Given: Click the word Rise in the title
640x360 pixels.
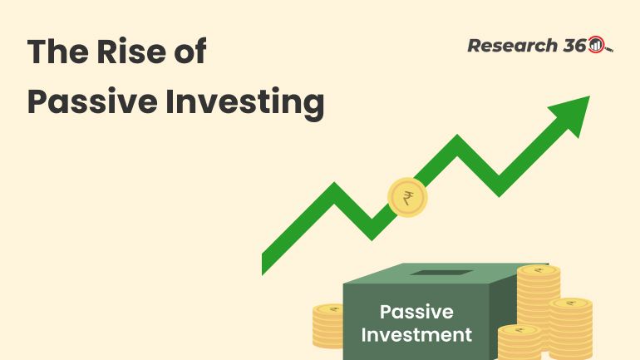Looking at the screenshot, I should [116, 52].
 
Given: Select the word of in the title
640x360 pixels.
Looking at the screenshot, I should [187, 52].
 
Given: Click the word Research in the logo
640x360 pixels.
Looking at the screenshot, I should [510, 46].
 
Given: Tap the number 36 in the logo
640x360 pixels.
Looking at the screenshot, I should [574, 46].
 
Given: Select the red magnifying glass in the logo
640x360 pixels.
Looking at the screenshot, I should [598, 47].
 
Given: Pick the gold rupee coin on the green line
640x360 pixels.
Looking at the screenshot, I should [407, 199].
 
